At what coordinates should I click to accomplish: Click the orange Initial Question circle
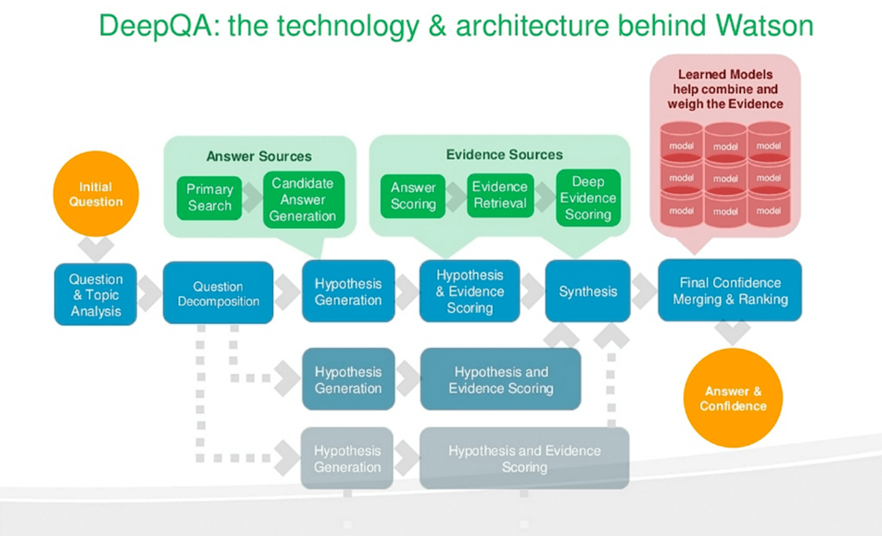tap(96, 194)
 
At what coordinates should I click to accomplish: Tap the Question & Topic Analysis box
tap(95, 295)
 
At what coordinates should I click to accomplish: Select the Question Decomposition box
tap(218, 293)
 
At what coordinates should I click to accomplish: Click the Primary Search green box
tap(209, 198)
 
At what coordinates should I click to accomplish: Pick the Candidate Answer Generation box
tap(303, 199)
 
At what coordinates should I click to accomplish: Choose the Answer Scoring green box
tap(413, 196)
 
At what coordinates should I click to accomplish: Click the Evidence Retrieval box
tap(500, 195)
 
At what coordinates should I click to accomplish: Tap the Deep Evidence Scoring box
tap(588, 198)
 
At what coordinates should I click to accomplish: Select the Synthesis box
tap(588, 291)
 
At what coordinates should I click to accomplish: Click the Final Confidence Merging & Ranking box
tap(729, 291)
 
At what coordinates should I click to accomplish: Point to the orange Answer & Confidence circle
tap(733, 398)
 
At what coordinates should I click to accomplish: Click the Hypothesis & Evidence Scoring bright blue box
tap(470, 291)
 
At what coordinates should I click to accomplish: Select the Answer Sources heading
tap(259, 156)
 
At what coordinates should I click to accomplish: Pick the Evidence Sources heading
tap(504, 155)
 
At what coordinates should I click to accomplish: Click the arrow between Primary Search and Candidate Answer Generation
tap(253, 198)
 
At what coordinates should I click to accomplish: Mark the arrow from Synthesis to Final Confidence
tap(643, 291)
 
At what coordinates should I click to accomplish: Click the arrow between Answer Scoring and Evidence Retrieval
tap(456, 196)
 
